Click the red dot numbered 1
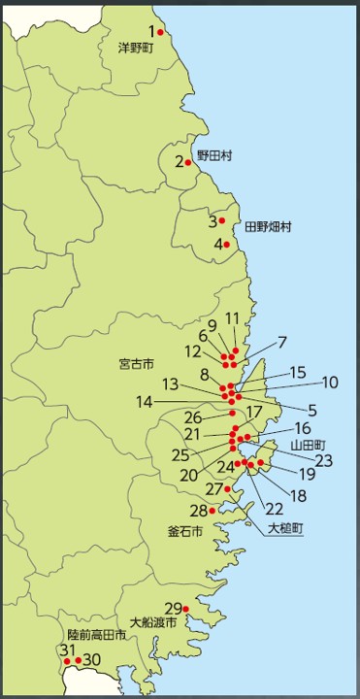click(x=161, y=32)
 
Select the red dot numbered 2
click(x=188, y=162)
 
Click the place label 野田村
click(x=214, y=155)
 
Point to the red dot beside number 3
click(x=222, y=220)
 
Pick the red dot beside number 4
click(x=227, y=244)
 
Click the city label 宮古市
click(x=136, y=366)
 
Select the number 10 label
click(x=330, y=382)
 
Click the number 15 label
click(x=298, y=372)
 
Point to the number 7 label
click(x=282, y=342)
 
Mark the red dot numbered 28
click(x=213, y=511)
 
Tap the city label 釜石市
click(x=185, y=532)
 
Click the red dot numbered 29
click(x=186, y=609)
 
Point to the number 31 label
click(x=68, y=650)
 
